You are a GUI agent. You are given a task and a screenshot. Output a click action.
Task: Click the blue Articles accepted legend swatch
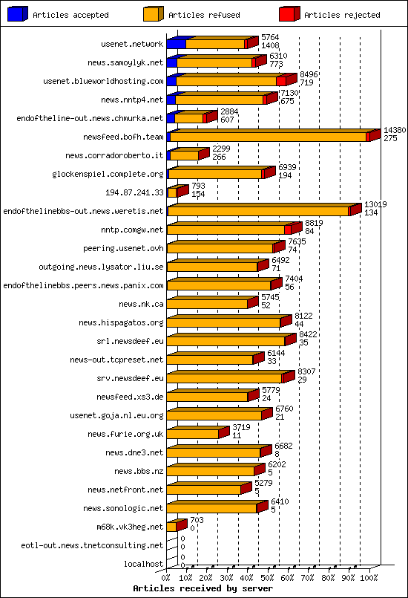pyautogui.click(x=16, y=13)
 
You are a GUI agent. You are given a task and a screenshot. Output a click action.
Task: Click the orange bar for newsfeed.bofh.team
pyautogui.click(x=267, y=137)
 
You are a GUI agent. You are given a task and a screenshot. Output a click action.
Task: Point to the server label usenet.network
pyautogui.click(x=132, y=44)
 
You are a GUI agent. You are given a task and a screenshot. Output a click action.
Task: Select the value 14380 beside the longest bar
pyautogui.click(x=394, y=130)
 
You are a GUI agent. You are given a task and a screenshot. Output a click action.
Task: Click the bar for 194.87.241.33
pyautogui.click(x=172, y=192)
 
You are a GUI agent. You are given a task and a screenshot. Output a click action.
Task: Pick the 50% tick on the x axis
pyautogui.click(x=268, y=576)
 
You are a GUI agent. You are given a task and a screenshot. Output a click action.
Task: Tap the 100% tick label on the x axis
pyautogui.click(x=369, y=576)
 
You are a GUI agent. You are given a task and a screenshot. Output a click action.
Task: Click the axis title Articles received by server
pyautogui.click(x=203, y=588)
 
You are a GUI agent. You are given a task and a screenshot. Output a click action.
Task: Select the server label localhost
pyautogui.click(x=143, y=564)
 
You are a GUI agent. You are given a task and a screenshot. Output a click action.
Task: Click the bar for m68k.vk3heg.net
pyautogui.click(x=171, y=527)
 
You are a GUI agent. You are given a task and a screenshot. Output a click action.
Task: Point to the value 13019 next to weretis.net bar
pyautogui.click(x=375, y=204)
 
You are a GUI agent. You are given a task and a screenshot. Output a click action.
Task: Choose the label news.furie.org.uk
pyautogui.click(x=125, y=434)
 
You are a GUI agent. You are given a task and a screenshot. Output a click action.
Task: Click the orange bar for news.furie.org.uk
pyautogui.click(x=193, y=434)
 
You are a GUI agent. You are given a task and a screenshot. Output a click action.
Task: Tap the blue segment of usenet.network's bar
pyautogui.click(x=175, y=44)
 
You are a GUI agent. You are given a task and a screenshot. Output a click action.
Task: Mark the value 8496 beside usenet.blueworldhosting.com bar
pyautogui.click(x=309, y=74)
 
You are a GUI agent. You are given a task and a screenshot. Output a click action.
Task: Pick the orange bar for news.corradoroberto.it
pyautogui.click(x=185, y=155)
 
